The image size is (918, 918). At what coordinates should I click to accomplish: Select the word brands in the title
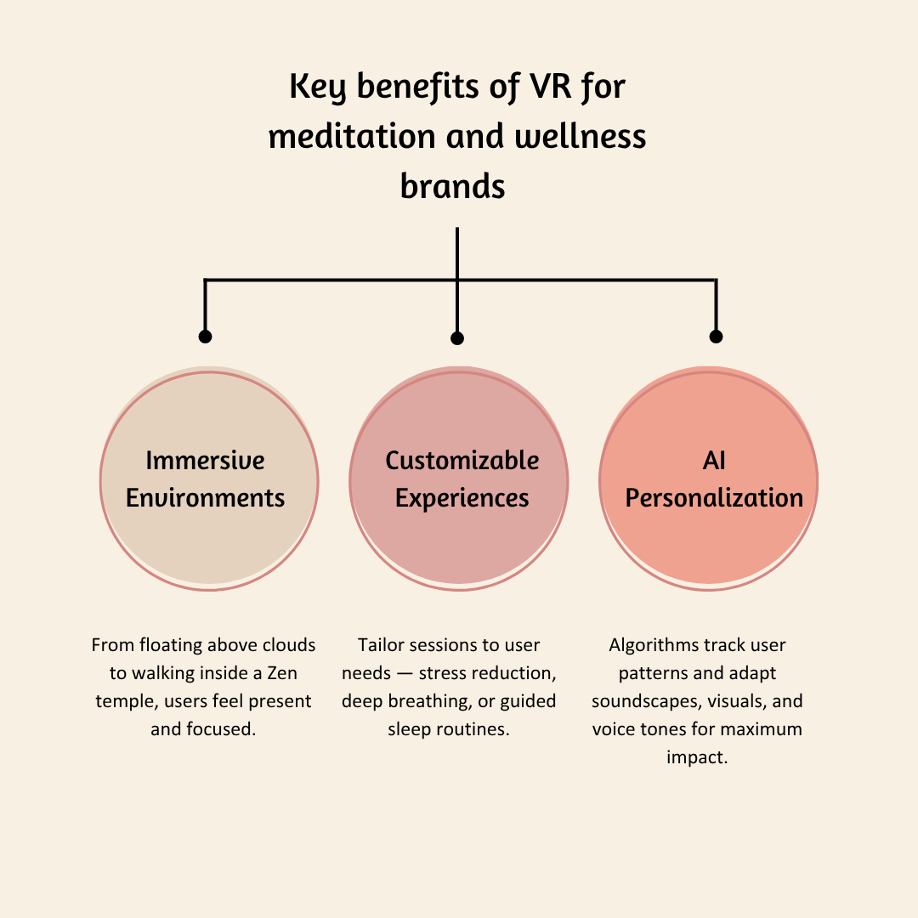(452, 185)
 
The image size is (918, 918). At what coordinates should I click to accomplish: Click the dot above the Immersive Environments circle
(205, 337)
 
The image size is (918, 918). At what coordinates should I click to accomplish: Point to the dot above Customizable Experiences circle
(457, 338)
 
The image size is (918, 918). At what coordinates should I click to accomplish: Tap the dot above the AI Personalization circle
(716, 337)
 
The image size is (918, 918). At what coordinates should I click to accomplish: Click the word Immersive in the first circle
(205, 461)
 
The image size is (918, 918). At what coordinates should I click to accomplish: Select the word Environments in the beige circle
(205, 498)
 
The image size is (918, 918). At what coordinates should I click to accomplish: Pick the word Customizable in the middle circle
(462, 461)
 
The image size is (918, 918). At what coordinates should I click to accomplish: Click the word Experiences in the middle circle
(462, 498)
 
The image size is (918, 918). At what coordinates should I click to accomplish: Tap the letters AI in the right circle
(714, 461)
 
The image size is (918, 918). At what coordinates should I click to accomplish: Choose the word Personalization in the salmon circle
(714, 498)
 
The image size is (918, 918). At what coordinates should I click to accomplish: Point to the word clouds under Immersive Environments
(286, 645)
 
